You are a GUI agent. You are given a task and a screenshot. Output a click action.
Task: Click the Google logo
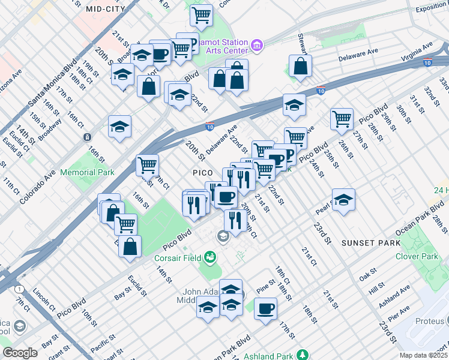point(20,353)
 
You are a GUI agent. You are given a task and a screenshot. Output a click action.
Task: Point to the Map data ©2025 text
point(423,355)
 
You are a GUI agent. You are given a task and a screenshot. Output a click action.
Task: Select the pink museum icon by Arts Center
point(257,44)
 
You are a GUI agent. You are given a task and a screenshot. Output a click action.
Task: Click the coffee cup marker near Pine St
point(265,308)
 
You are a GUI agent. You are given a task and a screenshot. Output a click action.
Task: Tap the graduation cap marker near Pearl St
point(343,200)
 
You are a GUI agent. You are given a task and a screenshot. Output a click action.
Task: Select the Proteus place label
point(430,322)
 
